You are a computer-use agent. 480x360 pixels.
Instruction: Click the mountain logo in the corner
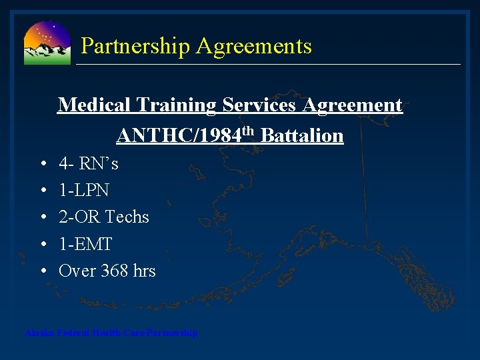coord(47,43)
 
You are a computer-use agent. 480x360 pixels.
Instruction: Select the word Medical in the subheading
coord(94,105)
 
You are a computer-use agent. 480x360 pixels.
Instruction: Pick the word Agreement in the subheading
coord(353,105)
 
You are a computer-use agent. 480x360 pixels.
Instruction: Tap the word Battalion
coord(302,136)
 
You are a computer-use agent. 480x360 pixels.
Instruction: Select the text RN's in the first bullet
coord(101,163)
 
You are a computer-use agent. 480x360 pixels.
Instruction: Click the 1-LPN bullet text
coord(84,191)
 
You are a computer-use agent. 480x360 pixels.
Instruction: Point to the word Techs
coord(127,217)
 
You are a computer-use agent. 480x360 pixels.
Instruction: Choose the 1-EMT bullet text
coord(85,244)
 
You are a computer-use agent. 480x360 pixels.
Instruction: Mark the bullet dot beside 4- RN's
coord(43,164)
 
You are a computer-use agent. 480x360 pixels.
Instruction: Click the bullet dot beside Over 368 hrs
coord(43,271)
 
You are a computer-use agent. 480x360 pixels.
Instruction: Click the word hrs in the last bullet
coord(144,271)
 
